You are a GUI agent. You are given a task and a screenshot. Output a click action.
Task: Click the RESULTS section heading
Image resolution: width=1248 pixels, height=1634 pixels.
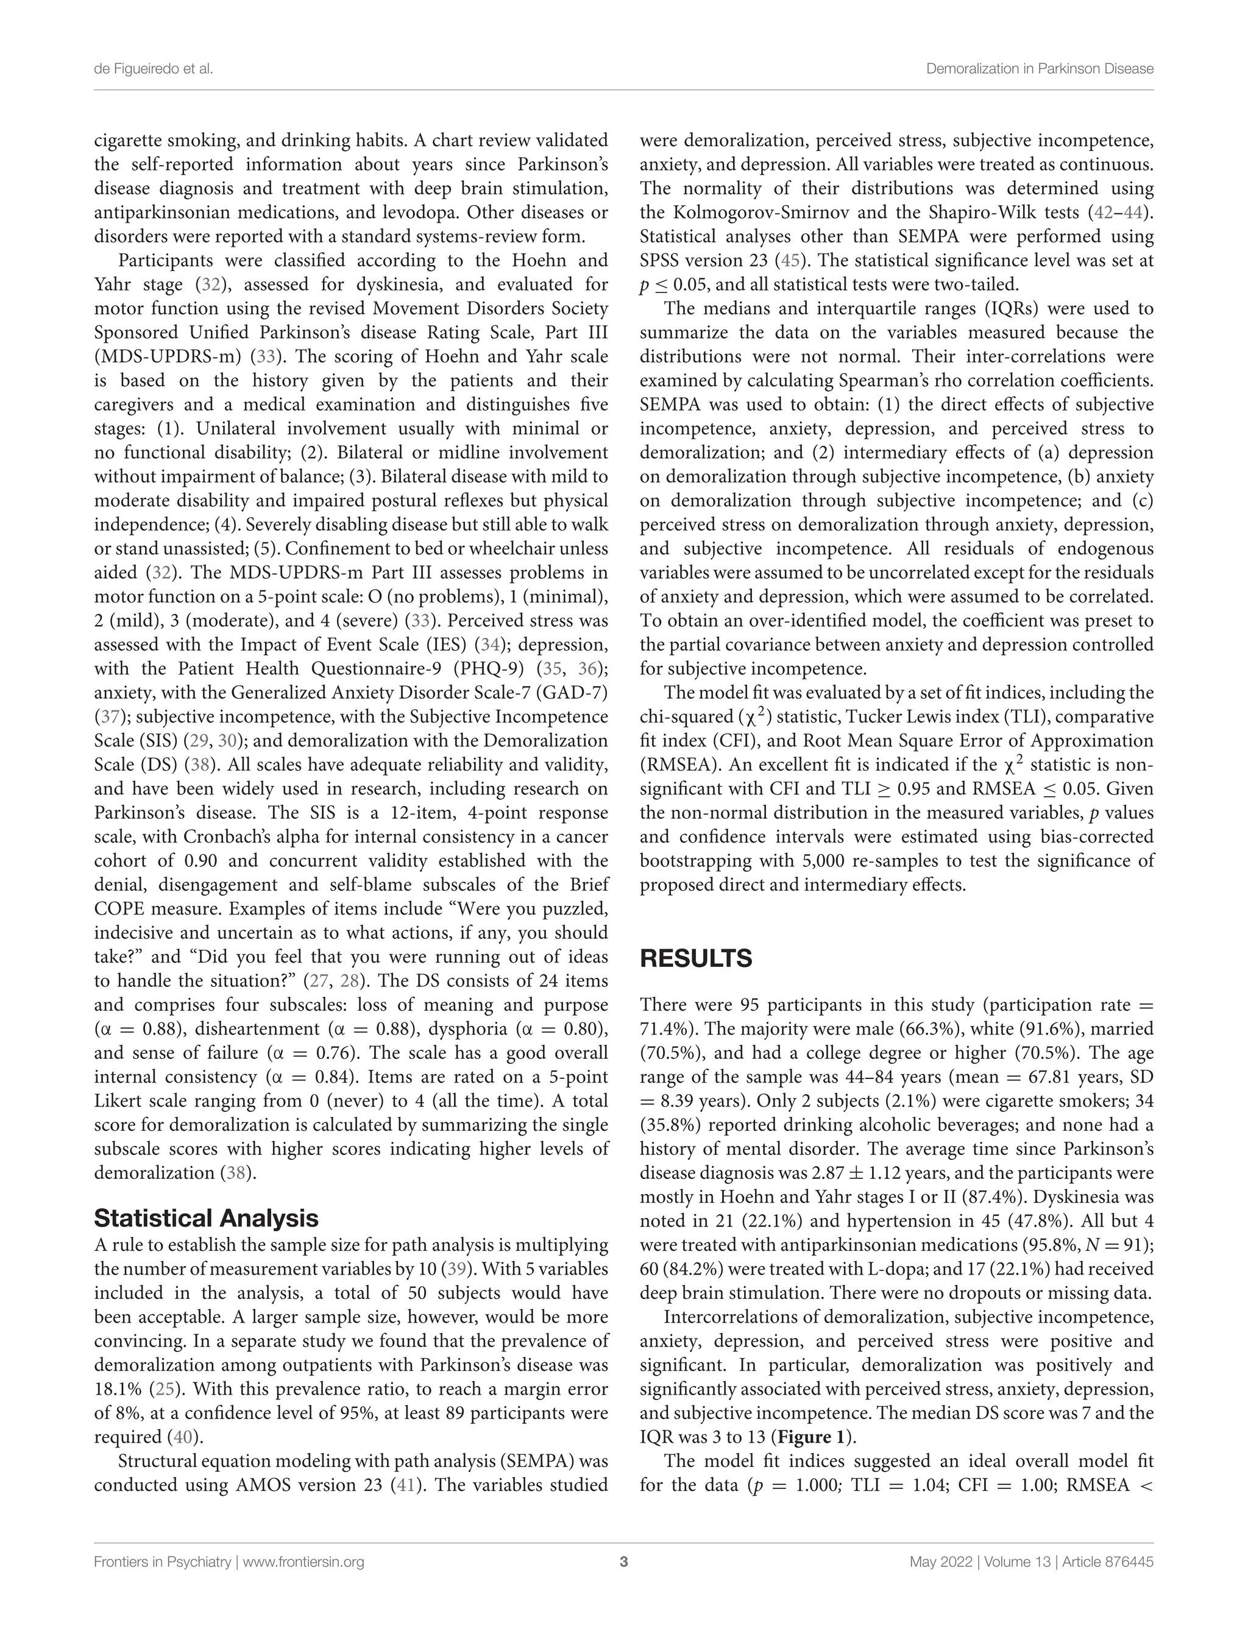point(695,959)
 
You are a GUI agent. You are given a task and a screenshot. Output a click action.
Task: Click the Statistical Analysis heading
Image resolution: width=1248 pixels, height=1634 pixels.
point(206,1218)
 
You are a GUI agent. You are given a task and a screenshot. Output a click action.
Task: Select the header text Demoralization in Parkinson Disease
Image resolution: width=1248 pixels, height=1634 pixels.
point(1039,69)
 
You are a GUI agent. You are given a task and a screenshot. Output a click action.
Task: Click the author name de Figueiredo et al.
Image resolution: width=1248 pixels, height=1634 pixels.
point(153,69)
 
